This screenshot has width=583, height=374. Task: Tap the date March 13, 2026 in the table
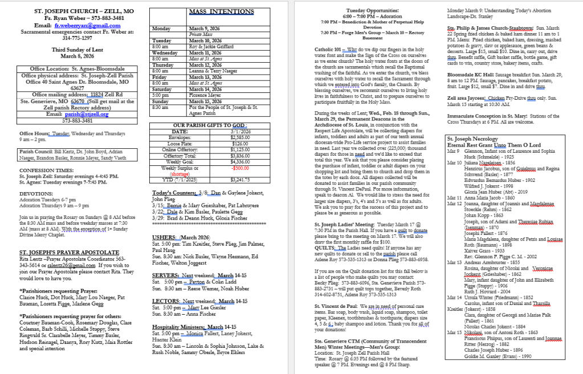[206, 76]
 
